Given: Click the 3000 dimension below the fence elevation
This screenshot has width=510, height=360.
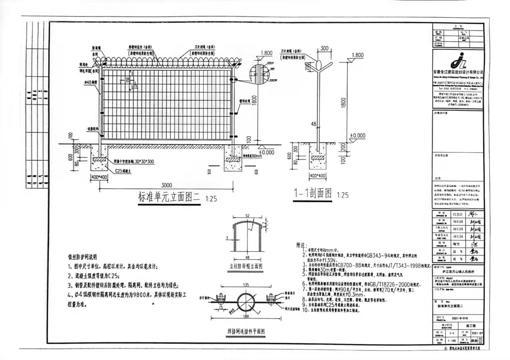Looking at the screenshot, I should point(167,185).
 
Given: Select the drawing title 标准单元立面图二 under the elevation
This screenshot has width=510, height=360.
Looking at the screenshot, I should point(169,197).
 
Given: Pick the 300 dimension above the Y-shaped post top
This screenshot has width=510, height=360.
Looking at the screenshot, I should point(324,48).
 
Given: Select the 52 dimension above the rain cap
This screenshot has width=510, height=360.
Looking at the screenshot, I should point(247,216).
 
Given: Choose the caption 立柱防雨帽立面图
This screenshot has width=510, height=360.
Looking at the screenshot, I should point(246,266).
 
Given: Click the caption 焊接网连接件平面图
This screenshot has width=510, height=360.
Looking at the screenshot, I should point(245,332).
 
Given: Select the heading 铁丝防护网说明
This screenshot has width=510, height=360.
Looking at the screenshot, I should point(83,257).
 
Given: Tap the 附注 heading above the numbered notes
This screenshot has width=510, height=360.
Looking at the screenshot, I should point(301,245).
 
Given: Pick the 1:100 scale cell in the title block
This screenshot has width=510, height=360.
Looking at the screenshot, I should point(452,341).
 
